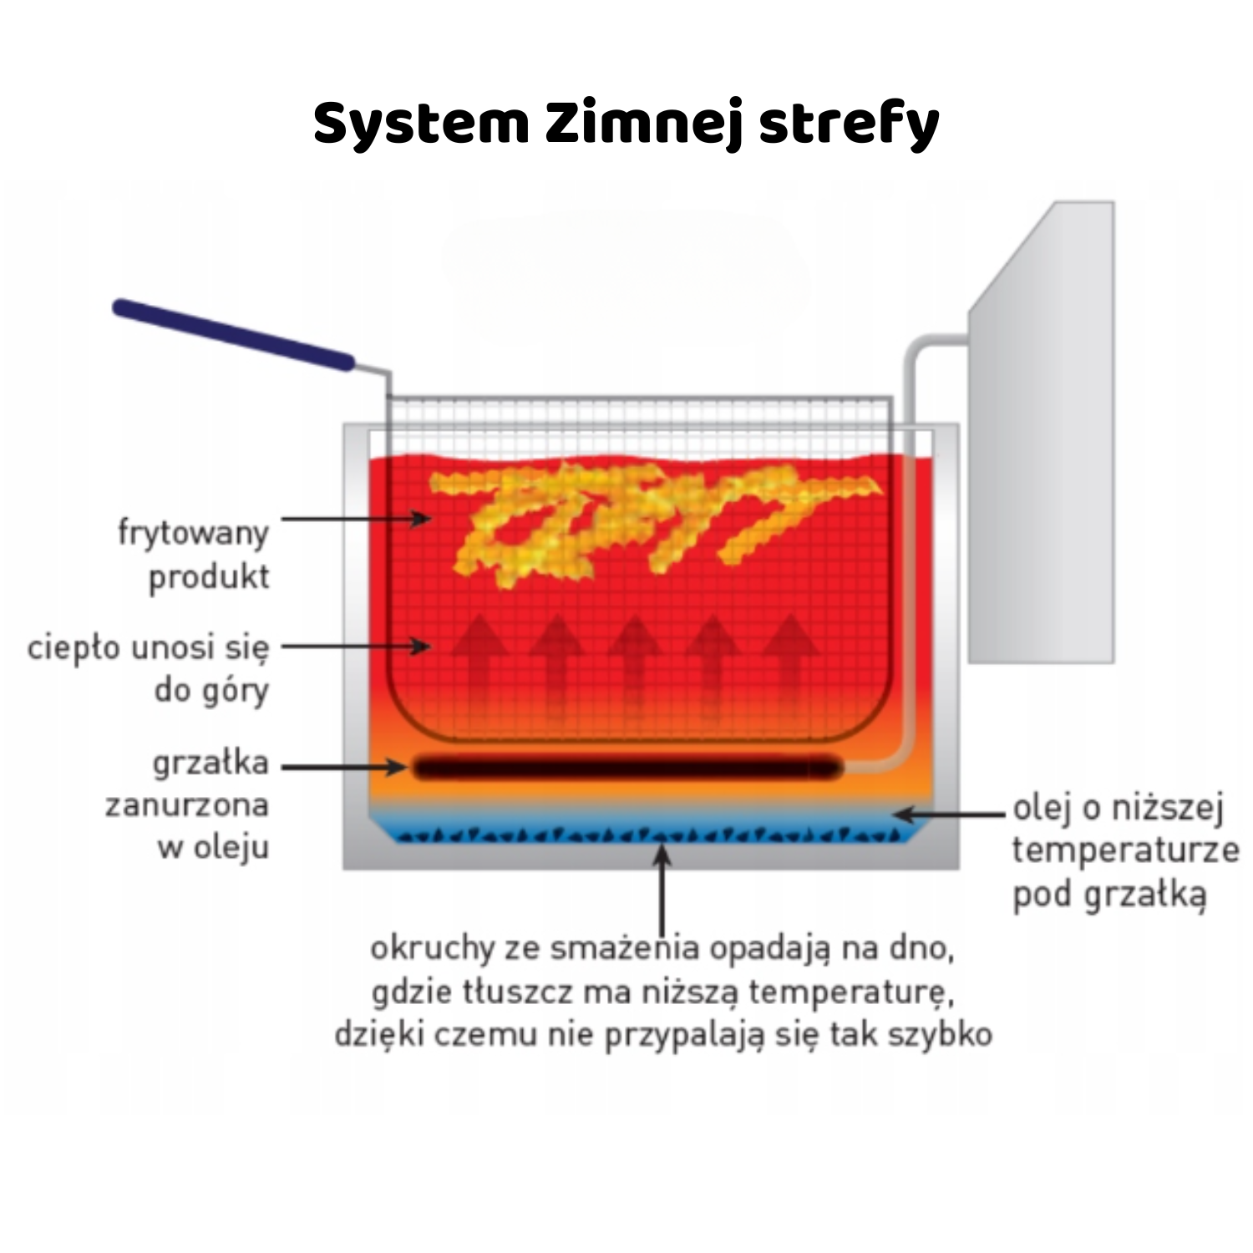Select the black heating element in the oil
626,767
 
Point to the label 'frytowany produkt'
194,554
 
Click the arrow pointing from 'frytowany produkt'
355,519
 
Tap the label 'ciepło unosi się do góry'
149,668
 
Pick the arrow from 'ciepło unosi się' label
355,646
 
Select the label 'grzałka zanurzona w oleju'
187,804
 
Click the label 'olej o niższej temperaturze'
1123,850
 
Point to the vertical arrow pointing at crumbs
662,890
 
